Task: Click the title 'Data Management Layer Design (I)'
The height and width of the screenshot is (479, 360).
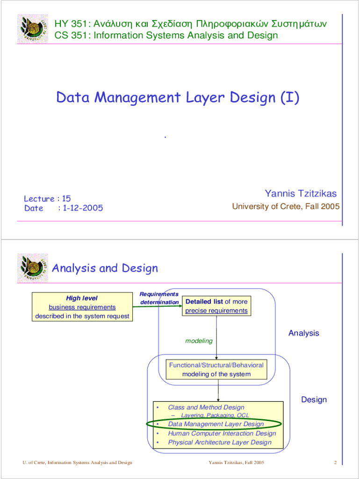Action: [177, 98]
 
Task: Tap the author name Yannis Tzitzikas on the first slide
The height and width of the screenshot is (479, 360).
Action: [301, 194]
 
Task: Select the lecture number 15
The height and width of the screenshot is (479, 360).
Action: [66, 198]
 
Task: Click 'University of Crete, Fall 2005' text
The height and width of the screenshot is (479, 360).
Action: [286, 206]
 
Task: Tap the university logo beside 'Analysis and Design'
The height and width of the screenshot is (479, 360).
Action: [32, 268]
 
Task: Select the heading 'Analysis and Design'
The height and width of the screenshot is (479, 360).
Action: [105, 268]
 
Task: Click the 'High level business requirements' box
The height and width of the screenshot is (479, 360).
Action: [82, 307]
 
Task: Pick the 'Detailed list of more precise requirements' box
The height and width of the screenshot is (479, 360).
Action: [216, 306]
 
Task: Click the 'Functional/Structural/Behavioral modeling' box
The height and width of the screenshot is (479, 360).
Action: [216, 369]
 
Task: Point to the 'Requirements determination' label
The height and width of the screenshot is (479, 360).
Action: [159, 298]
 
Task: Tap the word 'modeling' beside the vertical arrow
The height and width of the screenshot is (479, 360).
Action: [199, 341]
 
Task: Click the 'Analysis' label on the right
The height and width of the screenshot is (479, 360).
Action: [303, 333]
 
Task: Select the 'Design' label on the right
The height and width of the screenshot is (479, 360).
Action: [314, 399]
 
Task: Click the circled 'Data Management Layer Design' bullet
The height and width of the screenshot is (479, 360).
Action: [216, 424]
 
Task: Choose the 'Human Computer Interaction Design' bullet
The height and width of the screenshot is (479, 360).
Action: [222, 433]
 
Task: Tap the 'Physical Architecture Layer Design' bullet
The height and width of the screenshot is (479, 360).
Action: [219, 442]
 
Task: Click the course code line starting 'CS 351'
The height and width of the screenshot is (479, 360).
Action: [166, 35]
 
